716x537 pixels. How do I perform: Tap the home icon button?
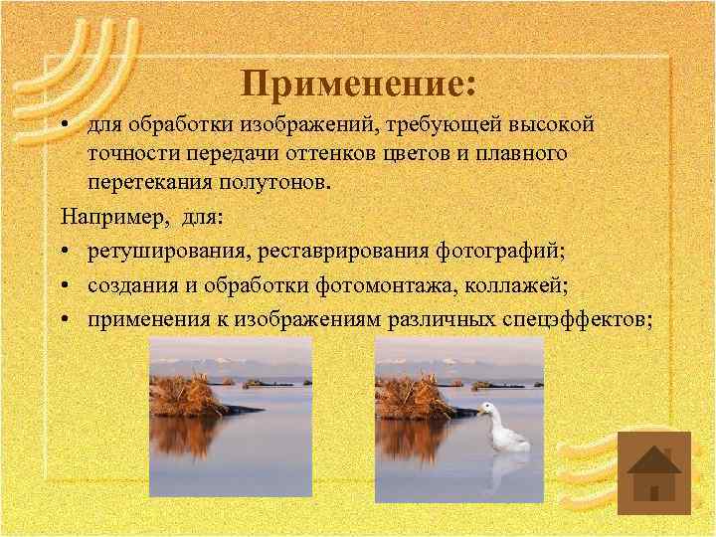click(653, 473)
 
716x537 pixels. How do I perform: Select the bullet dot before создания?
click(65, 286)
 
